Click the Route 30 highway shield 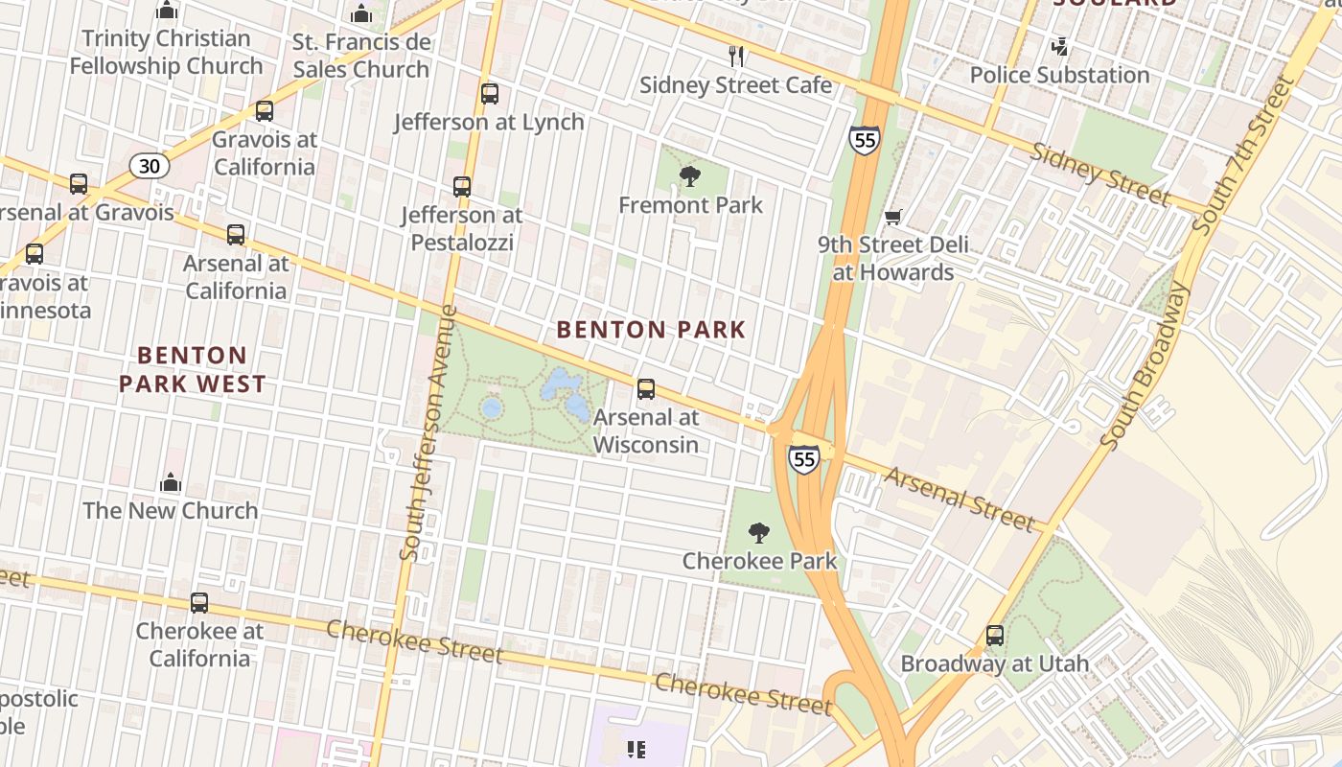tap(150, 166)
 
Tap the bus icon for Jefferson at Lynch tap(490, 94)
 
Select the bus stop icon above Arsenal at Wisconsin tap(646, 389)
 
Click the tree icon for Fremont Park tap(689, 175)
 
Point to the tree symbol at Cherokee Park tap(759, 532)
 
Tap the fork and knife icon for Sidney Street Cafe tap(736, 57)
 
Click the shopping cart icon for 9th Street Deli tap(893, 218)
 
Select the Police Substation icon tap(1059, 46)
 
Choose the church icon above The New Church tap(171, 481)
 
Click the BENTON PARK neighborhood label tap(651, 330)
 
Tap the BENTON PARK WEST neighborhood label tap(192, 370)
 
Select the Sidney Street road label tap(1099, 174)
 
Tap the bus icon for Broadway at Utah tap(995, 636)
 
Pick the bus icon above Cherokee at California tap(199, 603)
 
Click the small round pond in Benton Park tap(492, 408)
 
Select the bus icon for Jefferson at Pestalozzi tap(462, 187)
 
